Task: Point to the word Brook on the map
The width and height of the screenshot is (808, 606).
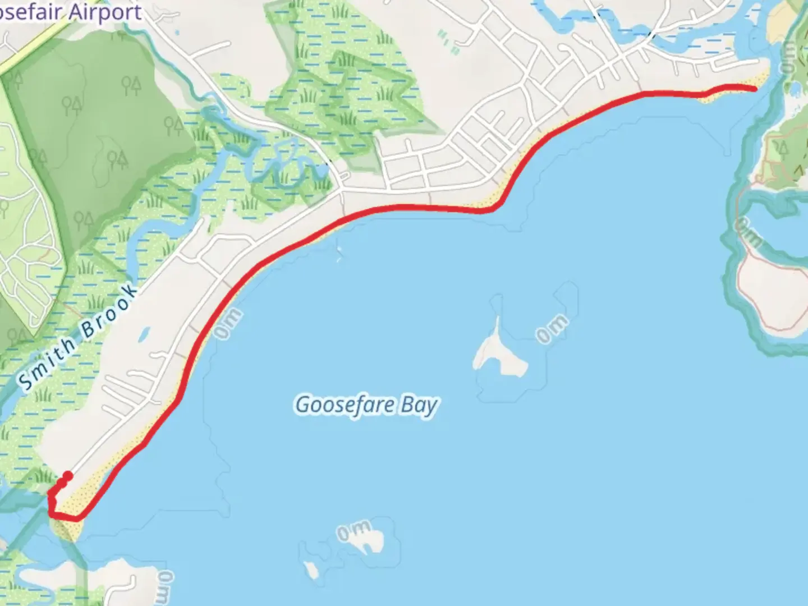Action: tap(110, 311)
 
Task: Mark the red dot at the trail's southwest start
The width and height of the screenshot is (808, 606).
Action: tap(68, 476)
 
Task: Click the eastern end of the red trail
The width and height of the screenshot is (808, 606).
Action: tap(755, 88)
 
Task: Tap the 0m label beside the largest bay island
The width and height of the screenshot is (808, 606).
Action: tap(552, 329)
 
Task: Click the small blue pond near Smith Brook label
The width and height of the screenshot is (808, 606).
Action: tap(144, 334)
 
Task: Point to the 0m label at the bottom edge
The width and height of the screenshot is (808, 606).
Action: tap(166, 586)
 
